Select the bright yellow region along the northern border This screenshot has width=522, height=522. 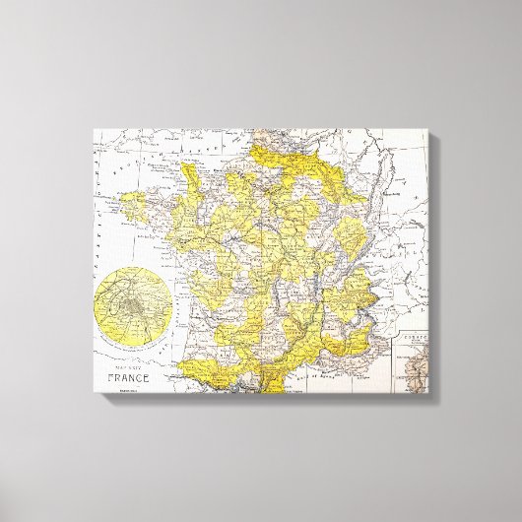pos(286,155)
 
